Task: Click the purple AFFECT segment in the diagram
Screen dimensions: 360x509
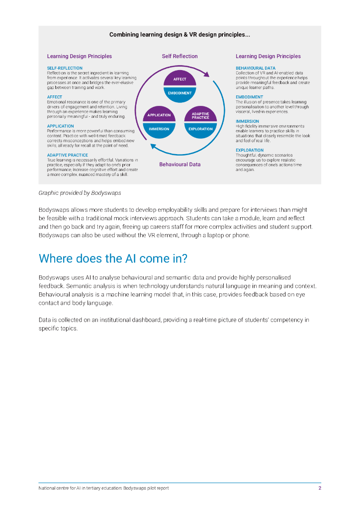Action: (x=180, y=80)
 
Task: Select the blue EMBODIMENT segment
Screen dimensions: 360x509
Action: (x=180, y=93)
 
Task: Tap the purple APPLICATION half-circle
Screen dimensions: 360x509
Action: (x=159, y=115)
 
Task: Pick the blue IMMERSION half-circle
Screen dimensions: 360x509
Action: (x=159, y=129)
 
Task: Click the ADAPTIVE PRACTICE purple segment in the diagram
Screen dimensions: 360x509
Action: (x=200, y=115)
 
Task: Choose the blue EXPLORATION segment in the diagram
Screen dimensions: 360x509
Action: (x=200, y=129)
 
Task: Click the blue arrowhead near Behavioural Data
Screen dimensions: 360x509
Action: (x=153, y=146)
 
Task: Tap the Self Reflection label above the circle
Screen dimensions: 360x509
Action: (x=180, y=56)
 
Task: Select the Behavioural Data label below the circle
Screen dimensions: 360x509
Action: (x=180, y=164)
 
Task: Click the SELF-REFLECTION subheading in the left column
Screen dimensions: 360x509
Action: (x=65, y=68)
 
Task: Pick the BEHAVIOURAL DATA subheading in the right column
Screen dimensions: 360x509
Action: (x=255, y=68)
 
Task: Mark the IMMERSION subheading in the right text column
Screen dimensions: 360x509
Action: (x=247, y=121)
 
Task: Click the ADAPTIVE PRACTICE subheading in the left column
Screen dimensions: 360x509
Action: (x=67, y=155)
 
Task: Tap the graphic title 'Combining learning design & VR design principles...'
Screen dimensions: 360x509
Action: (x=180, y=35)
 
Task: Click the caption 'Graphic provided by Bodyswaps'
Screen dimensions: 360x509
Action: (x=80, y=192)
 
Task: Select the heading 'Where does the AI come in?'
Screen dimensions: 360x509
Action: (x=112, y=258)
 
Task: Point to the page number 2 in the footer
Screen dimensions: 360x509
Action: (x=319, y=488)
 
